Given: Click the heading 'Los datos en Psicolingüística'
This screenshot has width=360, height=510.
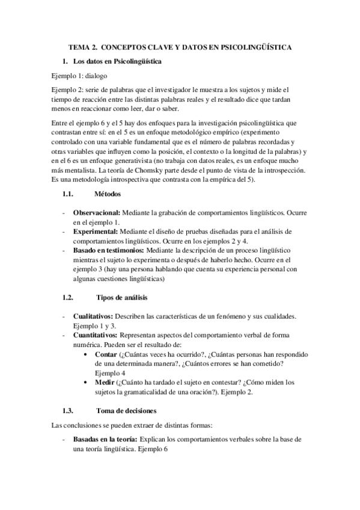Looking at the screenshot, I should click(116, 61).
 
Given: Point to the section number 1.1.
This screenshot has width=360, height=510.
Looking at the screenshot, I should click(67, 194).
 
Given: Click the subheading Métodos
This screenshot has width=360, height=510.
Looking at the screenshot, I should click(108, 194).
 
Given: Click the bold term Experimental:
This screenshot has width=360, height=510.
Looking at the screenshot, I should click(95, 231).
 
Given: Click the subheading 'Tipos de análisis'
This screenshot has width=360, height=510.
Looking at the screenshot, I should click(122, 298).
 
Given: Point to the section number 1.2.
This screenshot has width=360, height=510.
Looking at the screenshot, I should click(67, 298).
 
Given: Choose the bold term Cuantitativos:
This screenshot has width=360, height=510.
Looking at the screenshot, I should click(96, 334).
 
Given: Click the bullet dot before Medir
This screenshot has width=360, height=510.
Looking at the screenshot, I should click(89, 382).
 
